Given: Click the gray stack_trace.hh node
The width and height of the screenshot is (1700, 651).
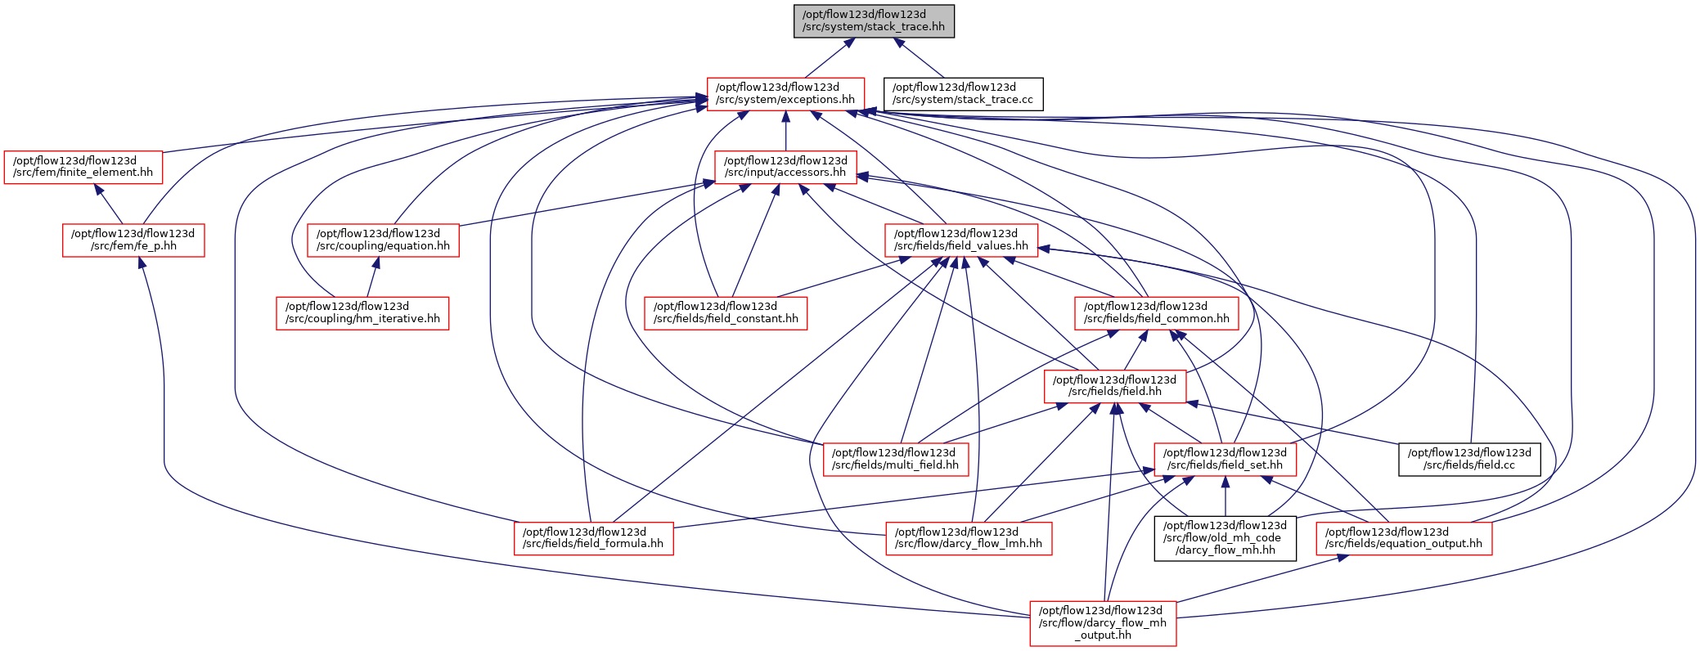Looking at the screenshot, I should click(x=874, y=21).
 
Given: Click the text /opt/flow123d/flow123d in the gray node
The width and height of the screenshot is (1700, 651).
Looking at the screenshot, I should click(x=874, y=15).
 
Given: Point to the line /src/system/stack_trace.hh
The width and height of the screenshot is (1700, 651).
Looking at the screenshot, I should click(x=874, y=27).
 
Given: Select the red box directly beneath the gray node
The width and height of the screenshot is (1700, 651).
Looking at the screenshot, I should click(x=785, y=94).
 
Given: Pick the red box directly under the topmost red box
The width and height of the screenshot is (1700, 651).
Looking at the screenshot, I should click(x=785, y=168).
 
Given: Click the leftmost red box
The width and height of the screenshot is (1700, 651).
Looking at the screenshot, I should click(x=83, y=168).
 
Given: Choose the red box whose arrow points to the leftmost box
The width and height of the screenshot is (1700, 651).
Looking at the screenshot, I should click(x=133, y=240).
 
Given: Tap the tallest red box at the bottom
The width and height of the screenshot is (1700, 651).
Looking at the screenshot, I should click(x=1103, y=623).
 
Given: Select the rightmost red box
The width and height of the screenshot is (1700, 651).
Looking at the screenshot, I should click(x=1404, y=539).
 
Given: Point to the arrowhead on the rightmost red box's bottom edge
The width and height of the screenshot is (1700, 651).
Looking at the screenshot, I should click(x=1342, y=558).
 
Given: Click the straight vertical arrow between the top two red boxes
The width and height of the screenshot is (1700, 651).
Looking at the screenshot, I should click(x=785, y=131).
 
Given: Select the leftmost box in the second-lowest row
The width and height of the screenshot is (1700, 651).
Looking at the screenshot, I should click(x=593, y=539).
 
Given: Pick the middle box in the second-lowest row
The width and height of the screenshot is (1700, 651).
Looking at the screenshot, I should click(x=969, y=539).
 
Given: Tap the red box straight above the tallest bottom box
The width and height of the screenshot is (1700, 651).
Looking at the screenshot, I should click(x=1115, y=387).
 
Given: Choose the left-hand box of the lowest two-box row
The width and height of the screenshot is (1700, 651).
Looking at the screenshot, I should click(x=896, y=460).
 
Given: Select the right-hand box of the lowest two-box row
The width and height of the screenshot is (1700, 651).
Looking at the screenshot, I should click(x=1225, y=460).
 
